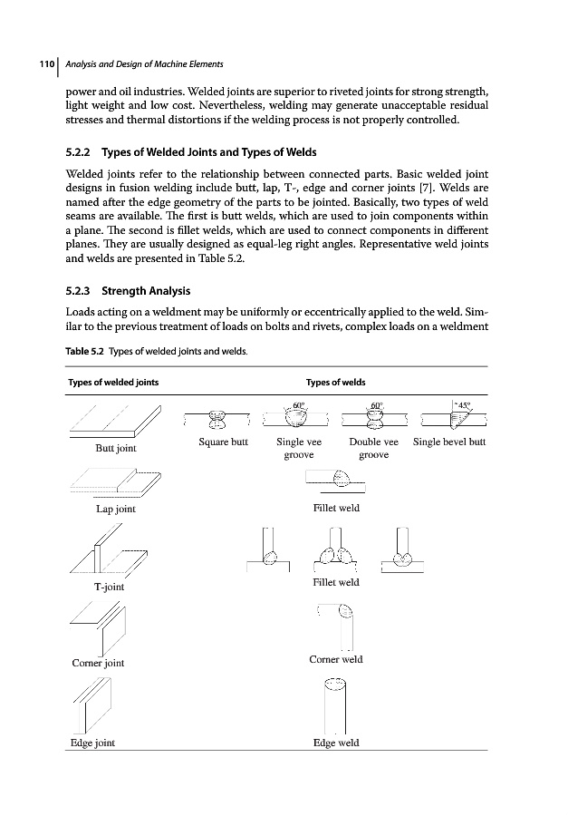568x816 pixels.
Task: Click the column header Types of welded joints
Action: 113,382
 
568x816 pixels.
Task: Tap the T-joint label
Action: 109,587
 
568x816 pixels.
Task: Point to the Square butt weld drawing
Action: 217,418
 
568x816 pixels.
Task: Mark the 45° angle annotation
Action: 466,405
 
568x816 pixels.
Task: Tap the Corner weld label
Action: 335,659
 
